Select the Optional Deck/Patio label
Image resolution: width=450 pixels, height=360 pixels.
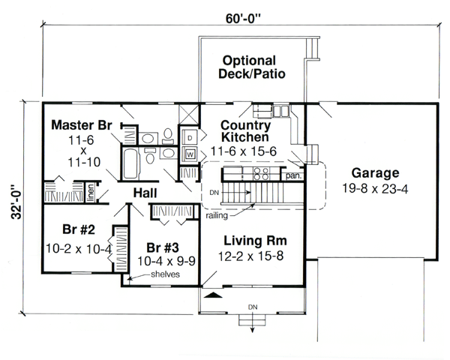coord(247,67)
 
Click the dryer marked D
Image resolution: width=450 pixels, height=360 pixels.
coord(190,139)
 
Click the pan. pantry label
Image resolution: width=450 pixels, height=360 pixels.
coord(292,176)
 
